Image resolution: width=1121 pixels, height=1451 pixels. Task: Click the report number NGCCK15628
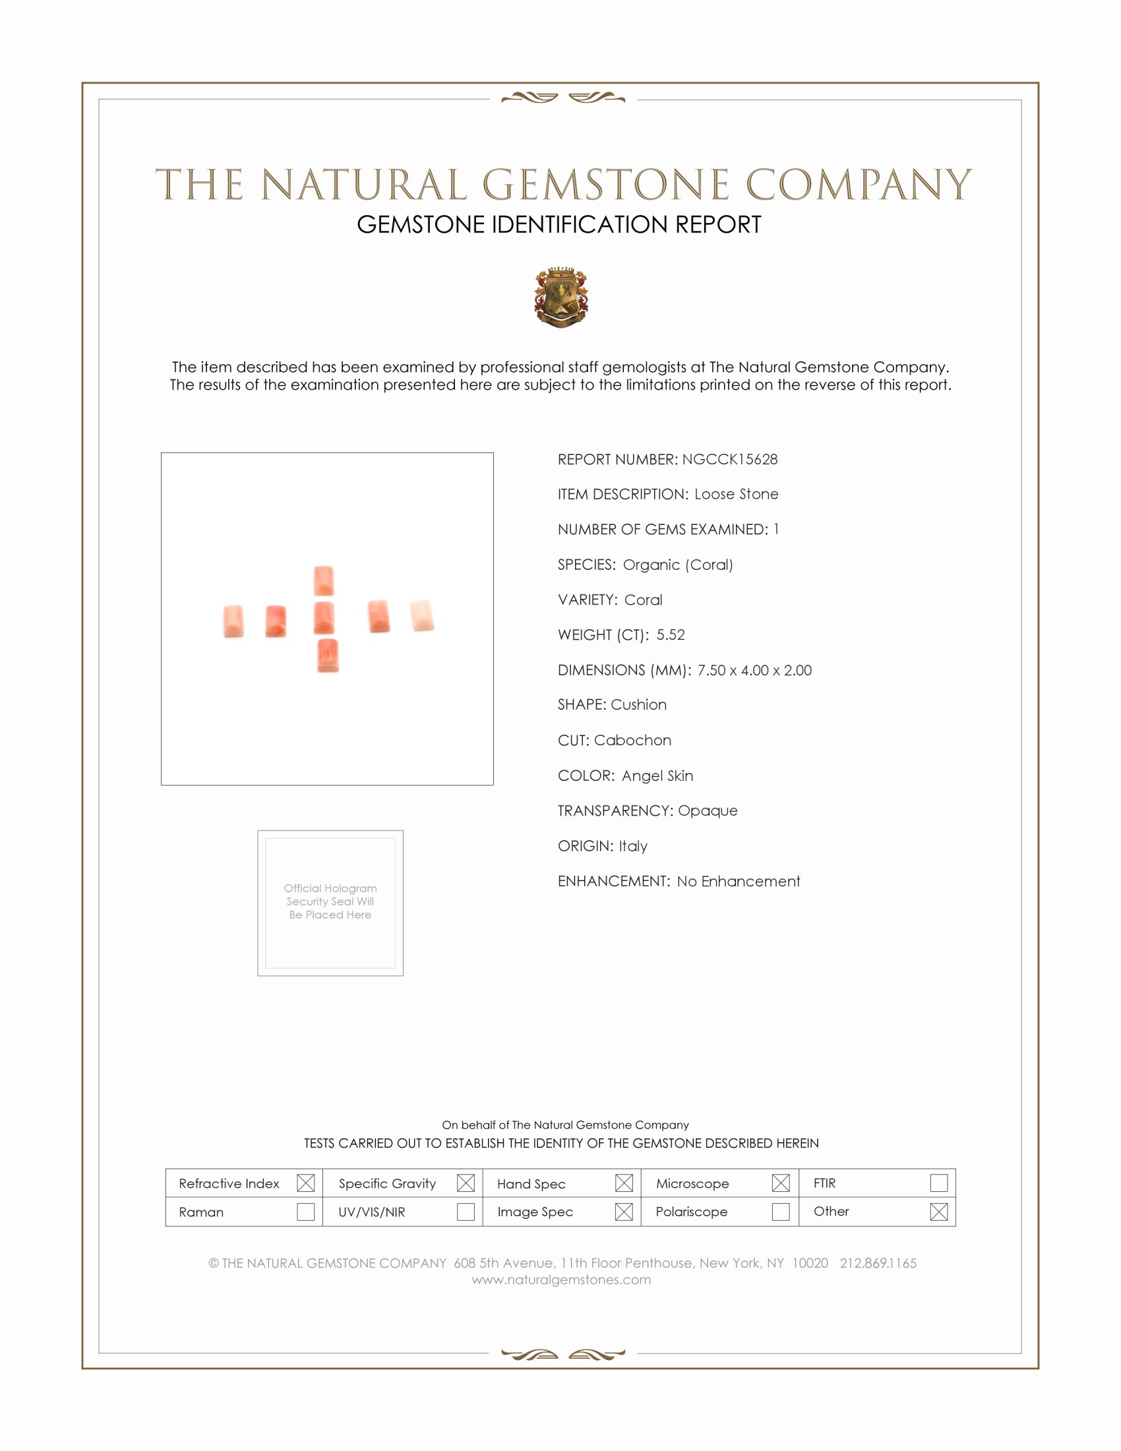click(729, 459)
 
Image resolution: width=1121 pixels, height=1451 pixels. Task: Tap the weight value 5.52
click(670, 634)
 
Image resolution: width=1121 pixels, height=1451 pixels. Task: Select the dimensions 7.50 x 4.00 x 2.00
click(754, 669)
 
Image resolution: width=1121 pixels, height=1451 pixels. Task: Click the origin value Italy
click(632, 846)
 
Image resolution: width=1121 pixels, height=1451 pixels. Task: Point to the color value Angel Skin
click(657, 776)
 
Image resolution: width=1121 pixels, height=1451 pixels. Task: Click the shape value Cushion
click(638, 704)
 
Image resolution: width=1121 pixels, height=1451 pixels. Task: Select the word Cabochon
click(632, 740)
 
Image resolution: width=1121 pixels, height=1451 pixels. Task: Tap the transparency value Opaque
click(708, 811)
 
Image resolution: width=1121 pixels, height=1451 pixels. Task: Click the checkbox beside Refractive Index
click(305, 1183)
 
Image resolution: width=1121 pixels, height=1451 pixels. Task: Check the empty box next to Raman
click(305, 1211)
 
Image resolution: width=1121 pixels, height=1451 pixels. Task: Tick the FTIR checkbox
click(938, 1183)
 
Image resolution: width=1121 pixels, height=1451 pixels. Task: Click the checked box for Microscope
click(780, 1183)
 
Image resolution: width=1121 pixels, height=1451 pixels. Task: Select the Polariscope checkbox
click(780, 1211)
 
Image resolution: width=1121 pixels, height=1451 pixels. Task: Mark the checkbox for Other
click(938, 1211)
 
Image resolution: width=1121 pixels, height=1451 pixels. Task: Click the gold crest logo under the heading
click(561, 297)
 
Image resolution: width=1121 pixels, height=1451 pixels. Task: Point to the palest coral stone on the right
click(422, 615)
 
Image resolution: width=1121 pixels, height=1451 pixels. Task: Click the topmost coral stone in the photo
click(323, 580)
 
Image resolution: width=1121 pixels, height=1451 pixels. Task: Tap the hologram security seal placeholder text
click(330, 901)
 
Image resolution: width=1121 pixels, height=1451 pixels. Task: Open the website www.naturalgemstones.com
click(561, 1280)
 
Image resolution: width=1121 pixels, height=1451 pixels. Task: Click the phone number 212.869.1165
click(877, 1263)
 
